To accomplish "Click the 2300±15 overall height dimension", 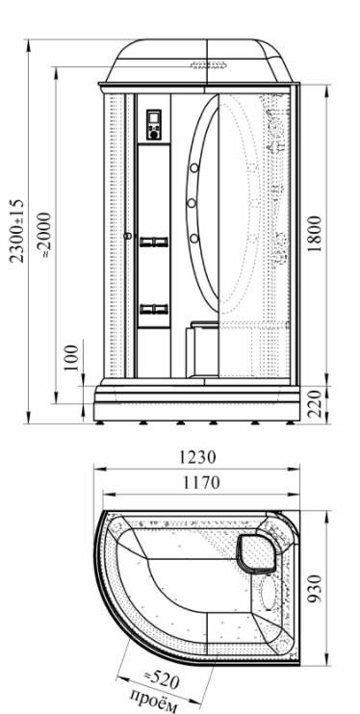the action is tap(18, 231).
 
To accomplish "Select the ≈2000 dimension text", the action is tap(45, 235).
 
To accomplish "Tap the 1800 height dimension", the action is tap(314, 235).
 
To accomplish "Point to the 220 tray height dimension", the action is tap(315, 404).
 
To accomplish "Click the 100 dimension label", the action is tap(71, 358).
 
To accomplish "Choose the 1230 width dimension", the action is tap(196, 457).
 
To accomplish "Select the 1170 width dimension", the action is tap(201, 482).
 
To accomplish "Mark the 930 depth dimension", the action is tap(315, 588).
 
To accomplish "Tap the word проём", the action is tap(153, 701).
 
